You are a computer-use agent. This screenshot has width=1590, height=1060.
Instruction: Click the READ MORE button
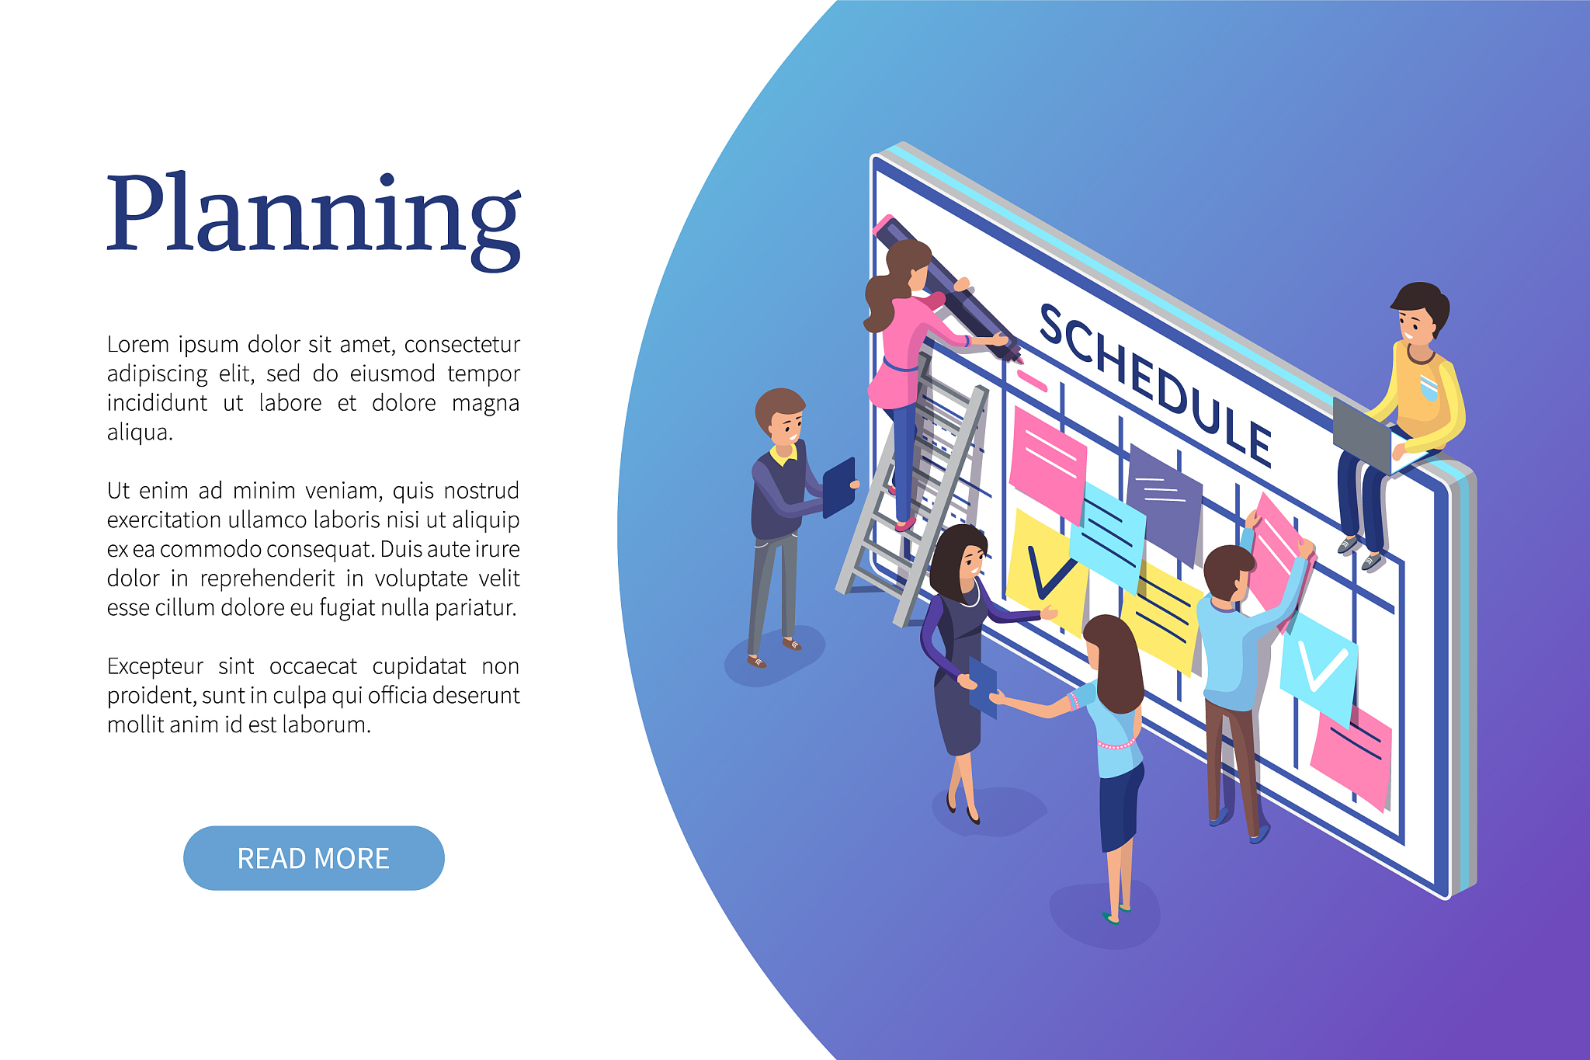tap(314, 858)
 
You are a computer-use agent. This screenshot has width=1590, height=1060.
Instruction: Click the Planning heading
tap(314, 220)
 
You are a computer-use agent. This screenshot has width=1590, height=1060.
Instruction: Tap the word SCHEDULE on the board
tap(1154, 385)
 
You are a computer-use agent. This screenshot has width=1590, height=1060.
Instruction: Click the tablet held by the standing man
tap(838, 488)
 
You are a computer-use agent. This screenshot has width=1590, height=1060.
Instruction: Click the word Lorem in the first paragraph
tap(137, 343)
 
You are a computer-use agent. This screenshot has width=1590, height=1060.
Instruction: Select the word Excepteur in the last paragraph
tap(154, 667)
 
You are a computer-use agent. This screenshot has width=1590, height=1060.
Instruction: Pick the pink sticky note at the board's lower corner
tap(1351, 757)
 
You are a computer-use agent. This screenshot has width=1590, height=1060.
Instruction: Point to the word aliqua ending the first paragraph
tap(140, 433)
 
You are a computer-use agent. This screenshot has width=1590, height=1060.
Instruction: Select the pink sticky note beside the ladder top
tap(1047, 462)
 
